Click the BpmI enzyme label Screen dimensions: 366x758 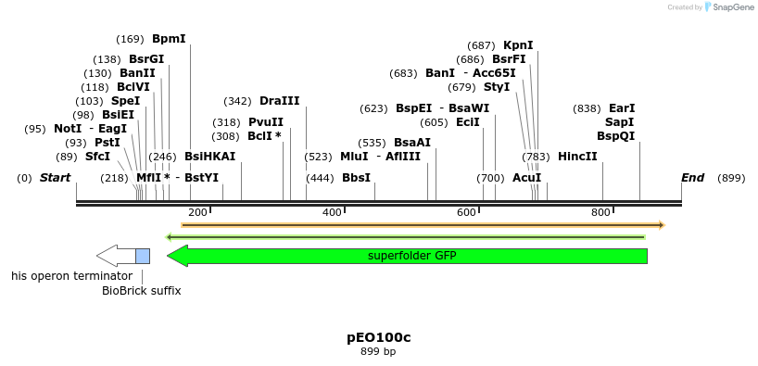point(169,39)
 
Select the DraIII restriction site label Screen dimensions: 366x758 point(279,101)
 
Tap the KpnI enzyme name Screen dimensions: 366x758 point(518,45)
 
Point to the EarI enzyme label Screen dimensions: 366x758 point(622,108)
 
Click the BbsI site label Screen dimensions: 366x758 point(356,178)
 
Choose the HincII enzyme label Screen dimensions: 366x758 point(577,157)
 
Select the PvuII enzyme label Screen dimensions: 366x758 point(266,122)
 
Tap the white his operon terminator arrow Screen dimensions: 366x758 point(116,256)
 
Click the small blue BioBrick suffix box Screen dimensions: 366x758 point(143,256)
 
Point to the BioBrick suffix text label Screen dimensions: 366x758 point(141,291)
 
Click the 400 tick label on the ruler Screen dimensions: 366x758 point(332,213)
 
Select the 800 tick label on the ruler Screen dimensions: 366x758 point(600,213)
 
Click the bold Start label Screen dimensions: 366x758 point(55,178)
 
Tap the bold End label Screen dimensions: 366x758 point(692,178)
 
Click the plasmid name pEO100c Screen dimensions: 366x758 point(378,337)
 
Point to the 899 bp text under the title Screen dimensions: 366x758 point(378,352)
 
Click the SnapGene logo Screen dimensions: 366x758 point(729,7)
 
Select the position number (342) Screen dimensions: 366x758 point(238,101)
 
